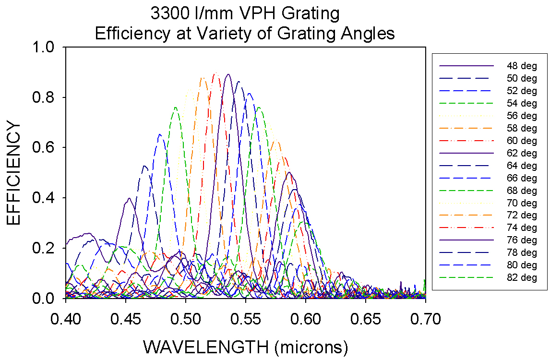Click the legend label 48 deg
point(522,66)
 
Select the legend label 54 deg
point(522,103)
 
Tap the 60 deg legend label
point(522,141)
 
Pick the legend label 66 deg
point(522,178)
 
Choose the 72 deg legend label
point(522,216)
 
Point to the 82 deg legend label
point(522,277)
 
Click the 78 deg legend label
point(522,252)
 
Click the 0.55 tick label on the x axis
point(246,319)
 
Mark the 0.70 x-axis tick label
point(426,319)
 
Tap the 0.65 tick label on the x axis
point(366,319)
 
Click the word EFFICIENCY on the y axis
point(14,173)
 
